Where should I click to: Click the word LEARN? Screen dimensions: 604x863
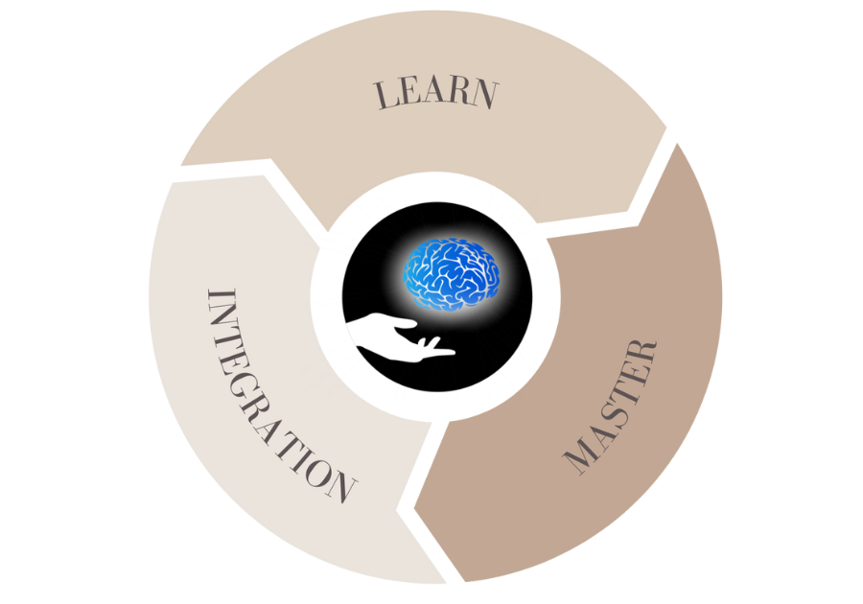436,94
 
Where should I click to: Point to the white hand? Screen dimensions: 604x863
393,337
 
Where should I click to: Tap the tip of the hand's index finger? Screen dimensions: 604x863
452,351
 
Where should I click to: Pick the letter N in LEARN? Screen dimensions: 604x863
486,96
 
